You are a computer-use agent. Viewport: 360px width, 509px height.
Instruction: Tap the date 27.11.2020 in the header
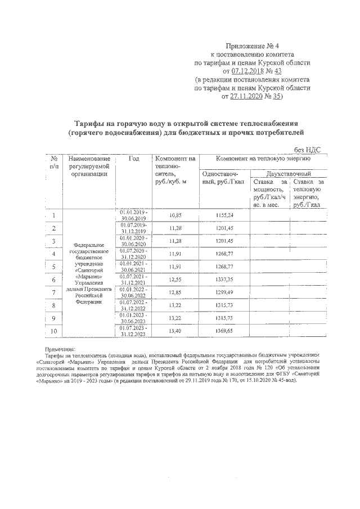pos(249,97)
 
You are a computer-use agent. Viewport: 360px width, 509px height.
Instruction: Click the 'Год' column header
pos(133,159)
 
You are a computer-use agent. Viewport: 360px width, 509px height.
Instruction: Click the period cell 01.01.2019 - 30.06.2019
pos(133,215)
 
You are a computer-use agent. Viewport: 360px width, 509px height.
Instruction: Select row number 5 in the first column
pos(54,267)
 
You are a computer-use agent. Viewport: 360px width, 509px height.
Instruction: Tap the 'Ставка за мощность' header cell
pos(268,193)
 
